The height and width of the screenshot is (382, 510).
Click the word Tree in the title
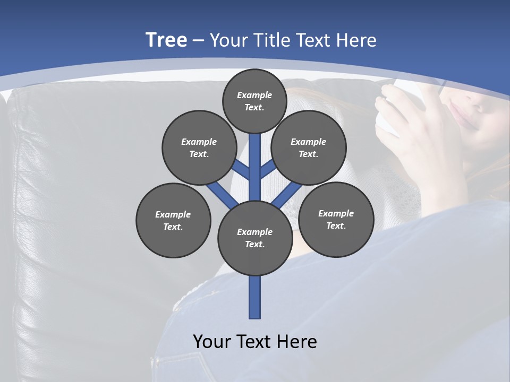click(x=166, y=40)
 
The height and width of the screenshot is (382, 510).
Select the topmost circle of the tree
click(x=254, y=101)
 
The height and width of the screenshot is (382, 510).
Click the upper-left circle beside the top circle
click(x=199, y=147)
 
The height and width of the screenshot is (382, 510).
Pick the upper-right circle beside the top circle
click(x=309, y=147)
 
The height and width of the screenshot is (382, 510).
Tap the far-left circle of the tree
click(x=173, y=220)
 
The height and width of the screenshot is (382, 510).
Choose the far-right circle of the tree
click(x=336, y=219)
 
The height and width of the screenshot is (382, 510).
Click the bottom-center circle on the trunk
click(x=255, y=238)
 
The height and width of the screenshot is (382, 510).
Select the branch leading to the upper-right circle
click(x=267, y=170)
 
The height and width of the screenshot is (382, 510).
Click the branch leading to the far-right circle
click(x=287, y=195)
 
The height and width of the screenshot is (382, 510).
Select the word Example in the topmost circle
click(x=254, y=95)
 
